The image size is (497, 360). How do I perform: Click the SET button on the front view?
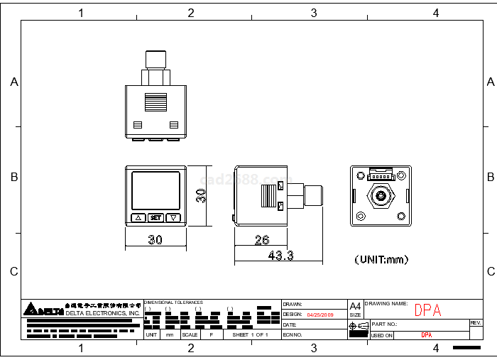pos(156,218)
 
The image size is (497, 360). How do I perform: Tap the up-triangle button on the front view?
pos(138,218)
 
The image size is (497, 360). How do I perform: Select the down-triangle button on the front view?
pos(173,218)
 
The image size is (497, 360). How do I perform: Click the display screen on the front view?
pos(155,190)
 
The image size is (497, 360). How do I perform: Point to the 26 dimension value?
pos(261,240)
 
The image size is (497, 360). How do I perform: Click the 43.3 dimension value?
pos(280,256)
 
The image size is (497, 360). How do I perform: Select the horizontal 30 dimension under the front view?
pos(155,240)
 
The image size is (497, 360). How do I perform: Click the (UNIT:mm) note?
pos(381,260)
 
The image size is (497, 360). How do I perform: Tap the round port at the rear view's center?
pos(381,195)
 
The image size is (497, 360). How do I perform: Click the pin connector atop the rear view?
pos(381,174)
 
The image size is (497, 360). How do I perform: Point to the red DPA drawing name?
pos(427,310)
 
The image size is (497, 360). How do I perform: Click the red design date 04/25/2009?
pos(319,314)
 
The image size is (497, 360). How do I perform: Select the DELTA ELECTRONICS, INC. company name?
pos(103,313)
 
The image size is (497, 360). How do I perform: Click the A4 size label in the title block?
pos(355,306)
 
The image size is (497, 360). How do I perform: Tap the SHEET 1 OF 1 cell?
pos(250,334)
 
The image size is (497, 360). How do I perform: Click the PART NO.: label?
pos(385,324)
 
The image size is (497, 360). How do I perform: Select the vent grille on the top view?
pos(155,103)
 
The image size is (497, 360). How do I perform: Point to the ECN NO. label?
pos(293,334)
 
